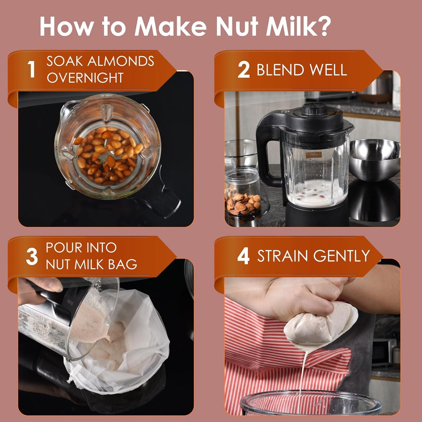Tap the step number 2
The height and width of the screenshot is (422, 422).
coord(244,70)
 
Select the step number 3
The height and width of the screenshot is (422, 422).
coord(32,257)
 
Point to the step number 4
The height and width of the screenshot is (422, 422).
coord(243,256)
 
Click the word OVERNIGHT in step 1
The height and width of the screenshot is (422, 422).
coord(85,78)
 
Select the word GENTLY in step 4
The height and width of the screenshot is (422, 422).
coord(342,256)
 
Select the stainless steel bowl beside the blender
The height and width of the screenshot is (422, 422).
coord(374,159)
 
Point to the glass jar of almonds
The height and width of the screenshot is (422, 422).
coord(242,193)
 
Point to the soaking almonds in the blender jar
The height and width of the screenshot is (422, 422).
coord(107,155)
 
